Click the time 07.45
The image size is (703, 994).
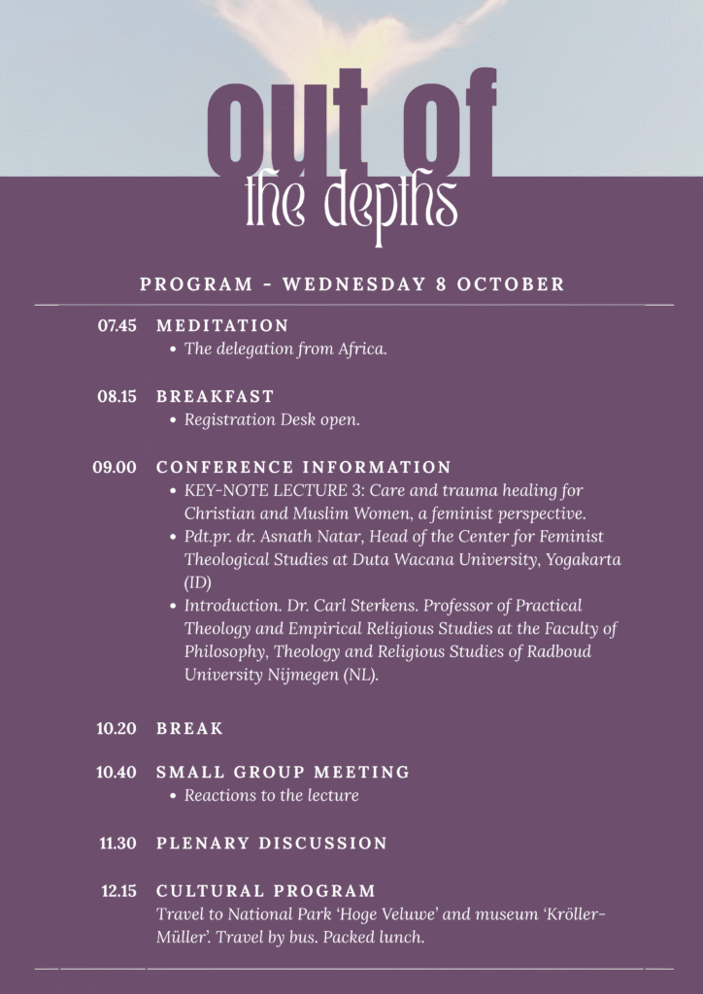click(x=117, y=326)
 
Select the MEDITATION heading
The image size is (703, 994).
click(x=222, y=326)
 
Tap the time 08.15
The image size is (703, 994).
click(x=117, y=397)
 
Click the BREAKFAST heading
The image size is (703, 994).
click(x=216, y=397)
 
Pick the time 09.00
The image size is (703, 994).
click(x=115, y=468)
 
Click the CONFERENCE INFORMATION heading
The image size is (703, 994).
click(x=304, y=468)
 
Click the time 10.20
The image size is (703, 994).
click(x=117, y=729)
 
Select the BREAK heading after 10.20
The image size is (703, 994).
click(x=190, y=729)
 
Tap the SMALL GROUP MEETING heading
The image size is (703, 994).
click(x=283, y=773)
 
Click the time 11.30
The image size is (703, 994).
click(x=117, y=844)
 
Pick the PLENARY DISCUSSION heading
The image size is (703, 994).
click(x=272, y=844)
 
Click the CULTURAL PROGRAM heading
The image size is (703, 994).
click(x=266, y=891)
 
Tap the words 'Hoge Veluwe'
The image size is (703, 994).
click(x=374, y=914)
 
